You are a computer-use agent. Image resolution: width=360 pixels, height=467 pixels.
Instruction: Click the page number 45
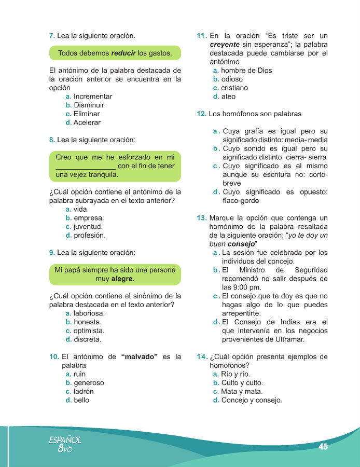[x=323, y=446]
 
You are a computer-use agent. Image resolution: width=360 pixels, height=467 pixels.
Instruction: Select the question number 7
[x=52, y=36]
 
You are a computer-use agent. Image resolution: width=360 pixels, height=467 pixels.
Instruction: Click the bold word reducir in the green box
[x=123, y=53]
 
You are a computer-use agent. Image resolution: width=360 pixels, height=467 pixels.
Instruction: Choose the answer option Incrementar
[x=92, y=97]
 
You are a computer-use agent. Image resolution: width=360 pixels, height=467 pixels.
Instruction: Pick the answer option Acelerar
[x=87, y=123]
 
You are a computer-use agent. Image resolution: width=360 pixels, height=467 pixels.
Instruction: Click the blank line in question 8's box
[x=85, y=166]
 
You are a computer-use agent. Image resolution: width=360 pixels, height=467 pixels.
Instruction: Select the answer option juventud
[x=88, y=227]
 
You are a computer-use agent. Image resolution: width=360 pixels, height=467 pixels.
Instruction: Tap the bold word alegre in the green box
[x=122, y=279]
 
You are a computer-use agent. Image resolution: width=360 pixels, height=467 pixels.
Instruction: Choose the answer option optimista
[x=89, y=331]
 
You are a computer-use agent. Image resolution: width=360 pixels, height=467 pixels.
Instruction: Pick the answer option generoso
[x=89, y=383]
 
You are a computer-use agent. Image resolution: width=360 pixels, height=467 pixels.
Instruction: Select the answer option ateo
[x=228, y=97]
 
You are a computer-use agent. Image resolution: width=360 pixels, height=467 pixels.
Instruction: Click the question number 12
[x=202, y=114]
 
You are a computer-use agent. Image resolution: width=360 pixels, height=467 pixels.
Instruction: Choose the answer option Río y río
[x=235, y=374]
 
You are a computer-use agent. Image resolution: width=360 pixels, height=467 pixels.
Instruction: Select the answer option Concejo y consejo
[x=251, y=400]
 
